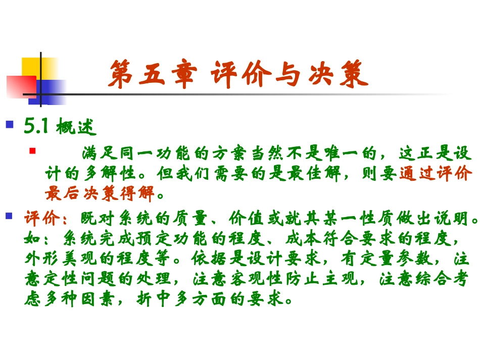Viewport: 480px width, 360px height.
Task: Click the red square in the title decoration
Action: coord(20,86)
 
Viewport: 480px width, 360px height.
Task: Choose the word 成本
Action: coord(304,239)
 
